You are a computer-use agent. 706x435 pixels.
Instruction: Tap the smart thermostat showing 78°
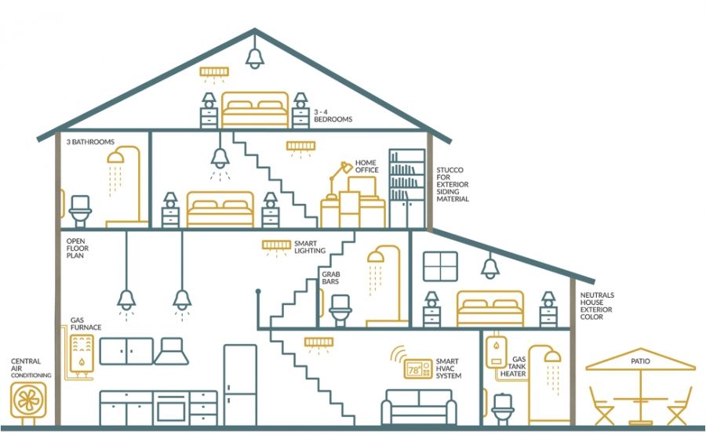pos(418,369)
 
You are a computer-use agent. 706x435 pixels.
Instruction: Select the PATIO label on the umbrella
pos(640,361)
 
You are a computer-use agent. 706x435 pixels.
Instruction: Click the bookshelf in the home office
pos(407,188)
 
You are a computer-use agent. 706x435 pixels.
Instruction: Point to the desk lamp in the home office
pos(340,179)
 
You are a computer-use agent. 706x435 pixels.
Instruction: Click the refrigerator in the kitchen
pos(240,385)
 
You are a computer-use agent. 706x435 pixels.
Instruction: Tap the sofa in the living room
pos(419,407)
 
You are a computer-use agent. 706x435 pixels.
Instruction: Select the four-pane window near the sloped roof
pos(440,266)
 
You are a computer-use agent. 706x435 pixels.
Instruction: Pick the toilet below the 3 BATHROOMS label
pos(80,211)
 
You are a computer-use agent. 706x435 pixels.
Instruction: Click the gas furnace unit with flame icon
pos(82,354)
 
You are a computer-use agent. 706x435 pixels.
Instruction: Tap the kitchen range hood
pos(172,351)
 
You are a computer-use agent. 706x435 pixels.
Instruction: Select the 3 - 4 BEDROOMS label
pos(333,116)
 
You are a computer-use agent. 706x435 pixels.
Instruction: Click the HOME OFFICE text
pos(367,166)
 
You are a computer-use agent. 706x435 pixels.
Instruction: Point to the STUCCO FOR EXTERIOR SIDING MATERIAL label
pos(453,184)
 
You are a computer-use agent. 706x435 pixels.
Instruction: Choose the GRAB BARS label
pos(331,277)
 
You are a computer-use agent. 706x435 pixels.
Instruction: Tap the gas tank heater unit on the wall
pos(497,352)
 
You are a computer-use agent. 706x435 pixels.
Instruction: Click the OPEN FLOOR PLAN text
pos(78,248)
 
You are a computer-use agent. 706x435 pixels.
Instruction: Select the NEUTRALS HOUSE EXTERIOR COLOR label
pos(597,306)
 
